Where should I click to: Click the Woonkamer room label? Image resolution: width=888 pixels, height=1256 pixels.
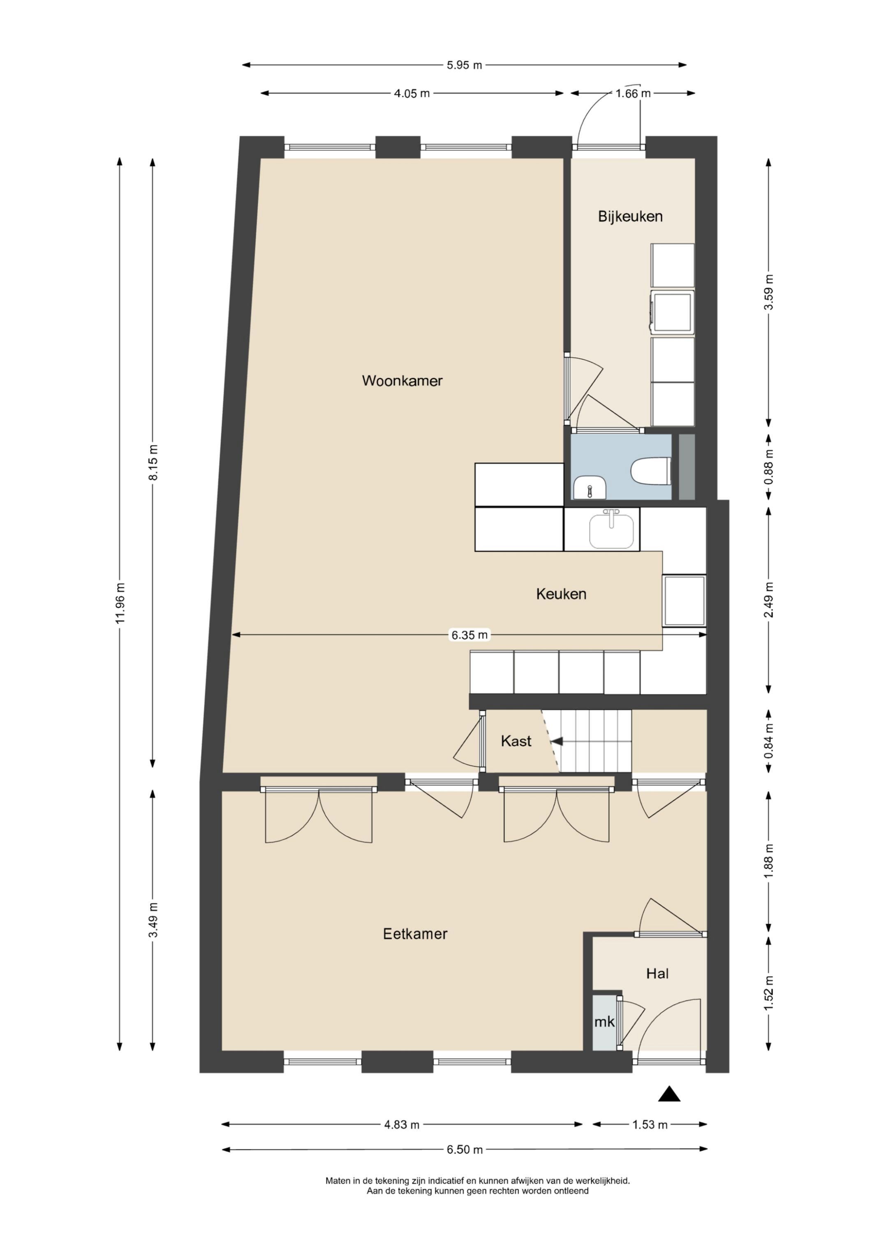[x=402, y=381]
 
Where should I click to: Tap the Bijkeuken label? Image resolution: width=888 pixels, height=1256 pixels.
[x=630, y=217]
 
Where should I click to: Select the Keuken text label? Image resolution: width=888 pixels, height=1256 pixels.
[x=561, y=594]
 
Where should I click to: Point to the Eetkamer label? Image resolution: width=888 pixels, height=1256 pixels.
[x=415, y=934]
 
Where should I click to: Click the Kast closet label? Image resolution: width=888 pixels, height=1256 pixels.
[x=516, y=741]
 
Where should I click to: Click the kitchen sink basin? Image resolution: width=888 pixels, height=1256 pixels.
[x=611, y=530]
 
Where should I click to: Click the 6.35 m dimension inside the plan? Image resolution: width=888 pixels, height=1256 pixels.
[x=469, y=635]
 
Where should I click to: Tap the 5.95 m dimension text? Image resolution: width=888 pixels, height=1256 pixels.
[x=465, y=65]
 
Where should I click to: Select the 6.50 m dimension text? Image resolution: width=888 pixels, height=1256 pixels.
[x=465, y=1150]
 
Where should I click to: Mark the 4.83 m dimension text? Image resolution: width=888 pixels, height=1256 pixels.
[x=402, y=1125]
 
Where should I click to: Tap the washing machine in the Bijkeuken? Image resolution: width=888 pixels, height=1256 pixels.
[x=672, y=311]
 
